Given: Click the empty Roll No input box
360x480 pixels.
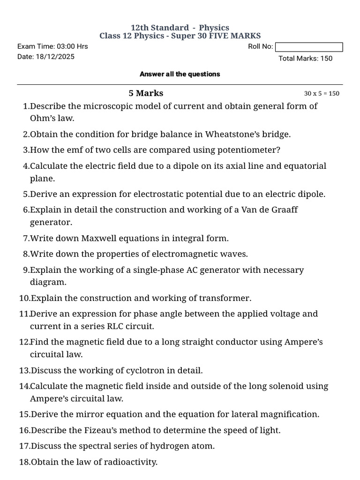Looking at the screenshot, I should point(309,47).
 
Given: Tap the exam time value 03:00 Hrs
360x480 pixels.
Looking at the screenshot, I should point(72,46).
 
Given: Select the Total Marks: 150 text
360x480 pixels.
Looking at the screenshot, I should point(306,59).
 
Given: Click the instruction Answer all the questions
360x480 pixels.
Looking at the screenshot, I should point(180,74).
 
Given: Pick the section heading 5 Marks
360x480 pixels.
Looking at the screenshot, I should point(146,93).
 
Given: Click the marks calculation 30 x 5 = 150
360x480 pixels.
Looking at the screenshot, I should point(322,93).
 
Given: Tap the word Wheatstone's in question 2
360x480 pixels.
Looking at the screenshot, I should point(232,134).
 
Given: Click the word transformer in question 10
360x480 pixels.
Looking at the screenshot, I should point(224,298).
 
